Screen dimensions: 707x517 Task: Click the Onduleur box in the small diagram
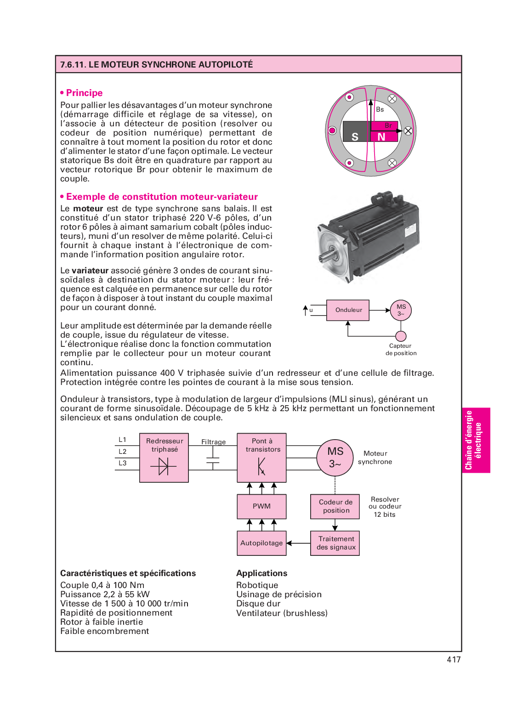(x=348, y=310)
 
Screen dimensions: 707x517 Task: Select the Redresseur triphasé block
(x=164, y=458)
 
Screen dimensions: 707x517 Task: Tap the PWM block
(x=261, y=506)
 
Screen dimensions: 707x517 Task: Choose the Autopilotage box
(x=261, y=543)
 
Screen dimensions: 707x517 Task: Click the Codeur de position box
(x=335, y=506)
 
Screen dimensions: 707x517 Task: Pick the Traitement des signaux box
(x=335, y=543)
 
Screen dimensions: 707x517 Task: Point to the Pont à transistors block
(x=261, y=458)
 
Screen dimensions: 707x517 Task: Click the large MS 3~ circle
(x=335, y=458)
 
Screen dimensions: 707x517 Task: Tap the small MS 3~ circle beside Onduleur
(x=401, y=310)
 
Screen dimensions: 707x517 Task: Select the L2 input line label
(x=122, y=452)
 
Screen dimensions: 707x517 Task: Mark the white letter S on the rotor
(x=355, y=137)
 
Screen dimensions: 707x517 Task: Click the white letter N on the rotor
(x=381, y=137)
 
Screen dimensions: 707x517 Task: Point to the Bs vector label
(x=380, y=109)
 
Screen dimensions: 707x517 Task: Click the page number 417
(x=454, y=660)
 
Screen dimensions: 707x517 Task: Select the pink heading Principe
(x=84, y=93)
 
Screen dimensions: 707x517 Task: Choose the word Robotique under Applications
(x=257, y=585)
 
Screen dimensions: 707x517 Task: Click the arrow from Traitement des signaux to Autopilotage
(x=298, y=543)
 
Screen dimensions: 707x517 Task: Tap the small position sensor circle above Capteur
(x=401, y=336)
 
